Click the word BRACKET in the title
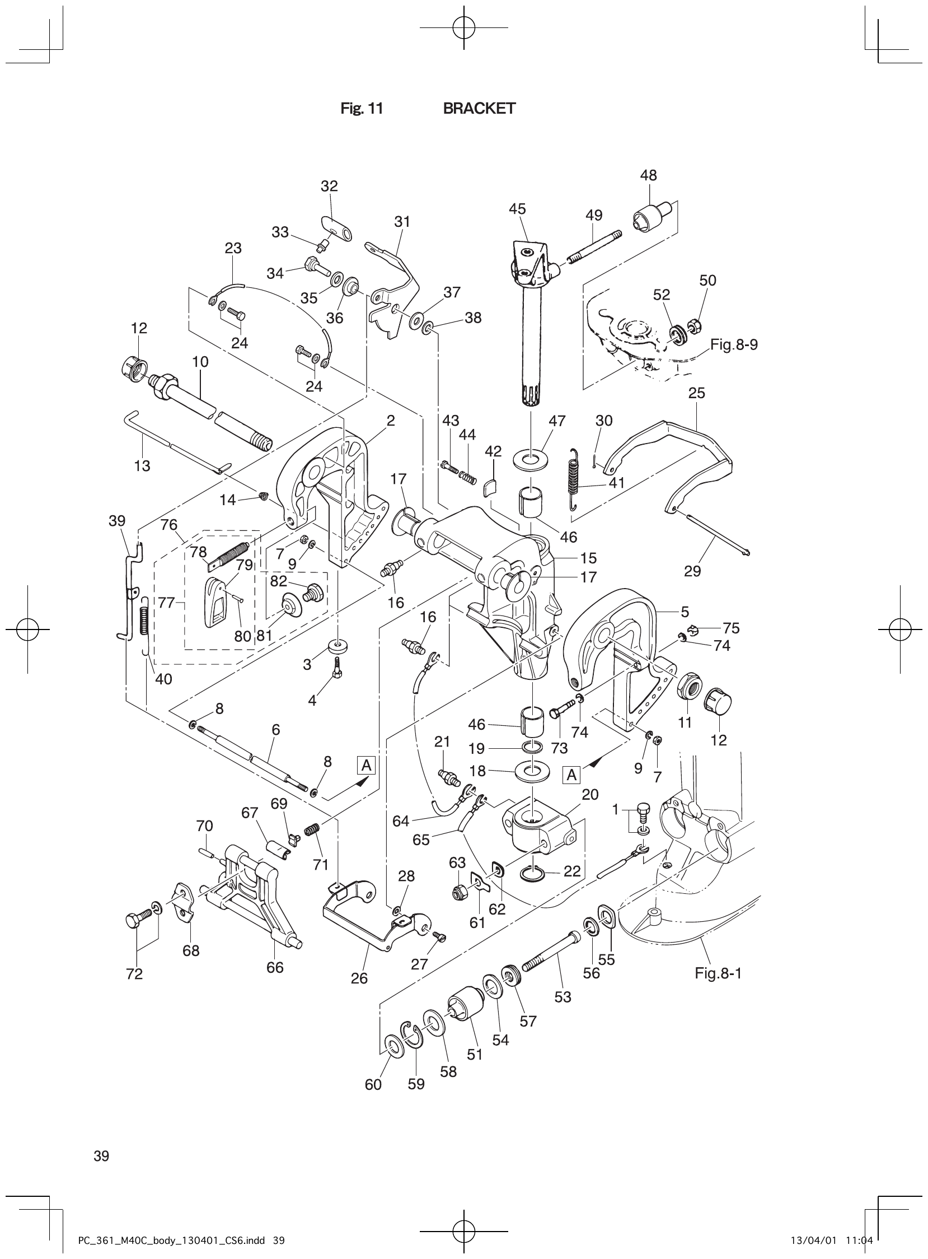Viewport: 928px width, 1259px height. click(x=479, y=109)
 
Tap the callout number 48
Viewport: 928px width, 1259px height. click(x=648, y=175)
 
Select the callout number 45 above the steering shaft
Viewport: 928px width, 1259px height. click(x=517, y=209)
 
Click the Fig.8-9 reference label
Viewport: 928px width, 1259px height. click(x=734, y=344)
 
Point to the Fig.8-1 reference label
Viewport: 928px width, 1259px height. click(x=718, y=973)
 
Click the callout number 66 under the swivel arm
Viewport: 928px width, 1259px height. click(x=275, y=967)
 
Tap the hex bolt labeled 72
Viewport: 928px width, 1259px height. click(x=138, y=921)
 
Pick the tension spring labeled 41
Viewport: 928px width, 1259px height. click(x=577, y=478)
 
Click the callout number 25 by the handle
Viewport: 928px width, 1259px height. click(x=697, y=393)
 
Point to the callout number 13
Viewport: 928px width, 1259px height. click(x=142, y=465)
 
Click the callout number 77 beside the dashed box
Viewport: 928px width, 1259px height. click(x=166, y=603)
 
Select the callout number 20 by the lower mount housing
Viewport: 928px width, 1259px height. click(x=590, y=795)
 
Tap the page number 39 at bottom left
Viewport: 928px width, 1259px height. click(x=102, y=1156)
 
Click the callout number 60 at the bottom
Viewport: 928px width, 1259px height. click(x=373, y=1084)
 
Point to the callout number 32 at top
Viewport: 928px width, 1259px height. click(x=329, y=186)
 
